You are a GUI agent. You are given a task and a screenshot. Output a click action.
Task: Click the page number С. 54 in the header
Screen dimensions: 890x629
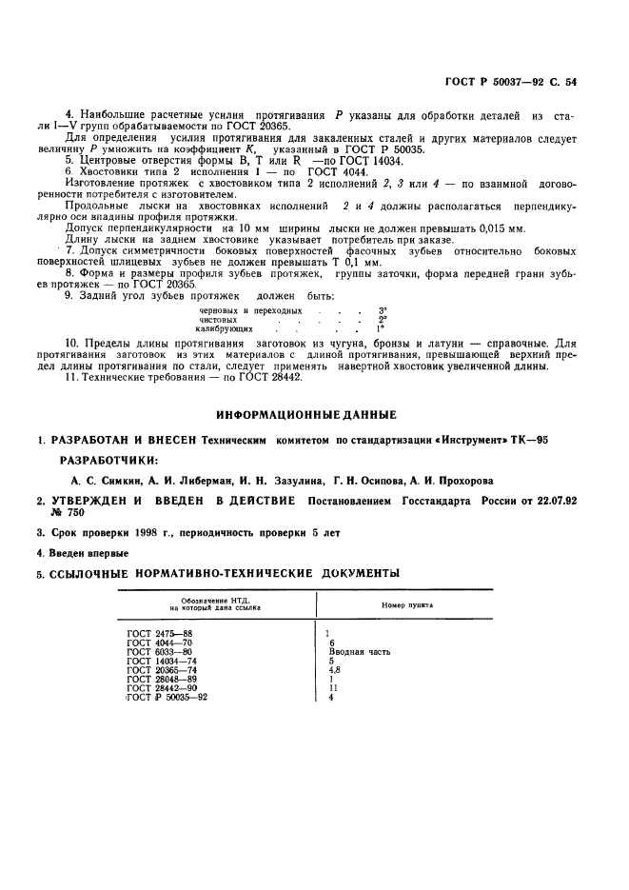click(x=566, y=83)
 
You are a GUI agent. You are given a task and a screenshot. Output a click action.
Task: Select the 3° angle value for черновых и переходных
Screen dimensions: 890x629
click(x=383, y=310)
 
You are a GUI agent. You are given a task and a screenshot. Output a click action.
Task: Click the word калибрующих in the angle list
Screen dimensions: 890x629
click(x=224, y=328)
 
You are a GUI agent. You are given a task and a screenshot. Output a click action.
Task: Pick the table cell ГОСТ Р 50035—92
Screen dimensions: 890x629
click(x=167, y=697)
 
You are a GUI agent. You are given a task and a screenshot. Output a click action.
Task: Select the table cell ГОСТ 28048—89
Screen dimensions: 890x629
click(x=159, y=679)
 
